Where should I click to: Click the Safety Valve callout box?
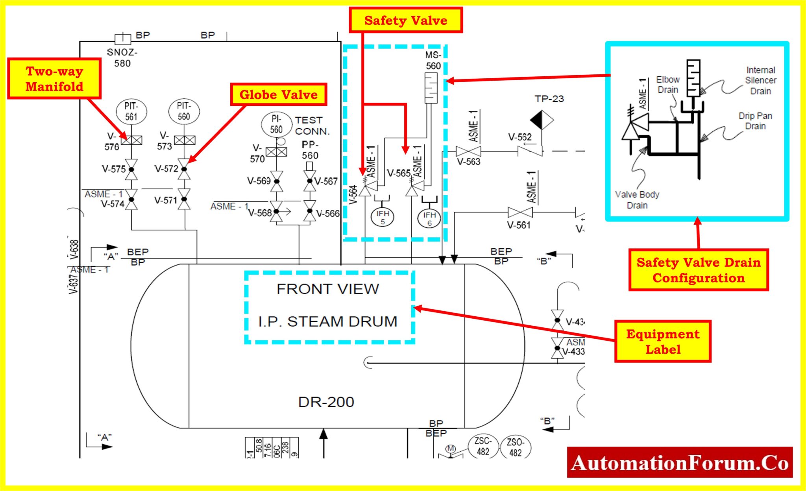[x=406, y=20]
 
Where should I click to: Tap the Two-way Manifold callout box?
[x=54, y=79]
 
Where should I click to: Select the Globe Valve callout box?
[x=279, y=94]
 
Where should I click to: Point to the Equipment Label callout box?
[x=663, y=341]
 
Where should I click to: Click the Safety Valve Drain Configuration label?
[x=699, y=270]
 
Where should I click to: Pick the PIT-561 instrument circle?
[x=131, y=112]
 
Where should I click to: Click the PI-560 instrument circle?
[x=276, y=125]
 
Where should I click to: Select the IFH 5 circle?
[x=383, y=217]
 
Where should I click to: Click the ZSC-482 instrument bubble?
[x=483, y=447]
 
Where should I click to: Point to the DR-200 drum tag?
[x=326, y=402]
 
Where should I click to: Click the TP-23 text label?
[x=549, y=99]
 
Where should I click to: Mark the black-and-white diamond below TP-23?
[x=542, y=120]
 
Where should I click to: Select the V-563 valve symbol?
[x=468, y=151]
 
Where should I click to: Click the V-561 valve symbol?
[x=520, y=212]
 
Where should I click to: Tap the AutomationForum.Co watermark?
[x=680, y=463]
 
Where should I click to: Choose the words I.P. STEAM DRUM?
[x=328, y=321]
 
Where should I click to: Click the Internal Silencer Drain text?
[x=760, y=81]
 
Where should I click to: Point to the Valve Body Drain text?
[x=637, y=200]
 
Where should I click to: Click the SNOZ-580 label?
[x=122, y=57]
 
